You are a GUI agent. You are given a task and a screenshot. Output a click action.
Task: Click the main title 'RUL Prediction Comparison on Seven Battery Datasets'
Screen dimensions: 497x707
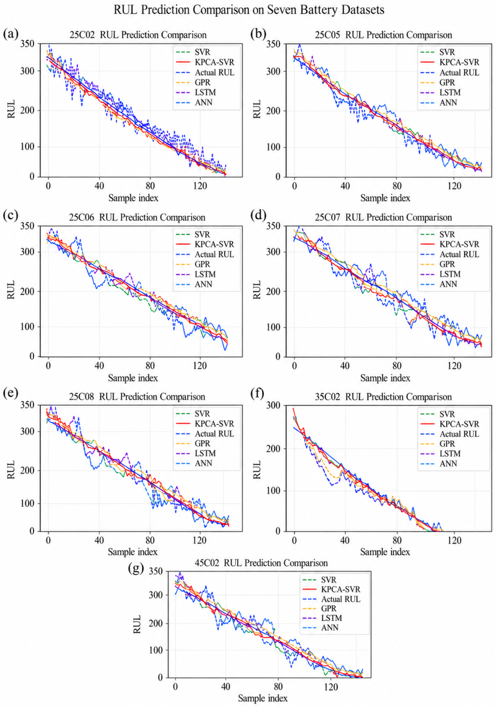click(249, 10)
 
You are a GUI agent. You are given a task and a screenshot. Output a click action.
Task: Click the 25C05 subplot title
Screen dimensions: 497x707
click(383, 35)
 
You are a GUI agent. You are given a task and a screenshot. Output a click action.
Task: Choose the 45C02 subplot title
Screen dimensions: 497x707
click(261, 563)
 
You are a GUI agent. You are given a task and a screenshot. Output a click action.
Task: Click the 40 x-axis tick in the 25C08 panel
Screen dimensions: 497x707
click(99, 540)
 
